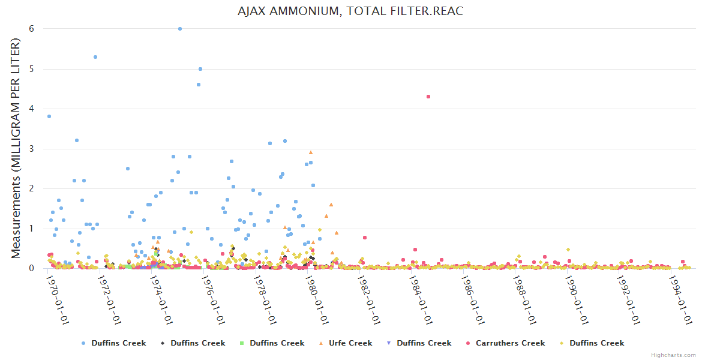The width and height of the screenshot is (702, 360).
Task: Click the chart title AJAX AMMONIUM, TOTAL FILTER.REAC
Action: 351,11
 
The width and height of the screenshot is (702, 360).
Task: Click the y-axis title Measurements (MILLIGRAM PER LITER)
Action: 16,149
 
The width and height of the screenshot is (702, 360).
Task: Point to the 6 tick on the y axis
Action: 31,29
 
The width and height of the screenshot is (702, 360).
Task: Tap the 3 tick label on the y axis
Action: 31,149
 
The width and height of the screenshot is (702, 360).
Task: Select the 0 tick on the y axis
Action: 31,268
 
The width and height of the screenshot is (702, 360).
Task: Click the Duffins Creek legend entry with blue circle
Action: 118,343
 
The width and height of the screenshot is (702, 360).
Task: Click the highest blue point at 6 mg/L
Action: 180,29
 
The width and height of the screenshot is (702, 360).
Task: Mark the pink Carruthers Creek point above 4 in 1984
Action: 428,97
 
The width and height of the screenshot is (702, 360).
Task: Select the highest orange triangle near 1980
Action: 311,152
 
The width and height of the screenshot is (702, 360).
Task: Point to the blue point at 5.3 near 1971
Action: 95,57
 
